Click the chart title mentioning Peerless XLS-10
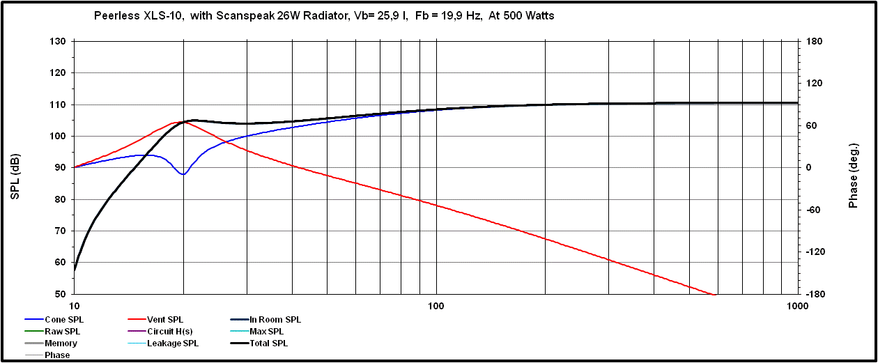tap(324, 15)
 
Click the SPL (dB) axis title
tap(15, 167)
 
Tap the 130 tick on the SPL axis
tap(59, 42)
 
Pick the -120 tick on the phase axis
tap(815, 252)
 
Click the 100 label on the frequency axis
tap(436, 306)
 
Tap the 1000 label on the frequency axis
tap(797, 306)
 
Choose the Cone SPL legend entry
tap(63, 320)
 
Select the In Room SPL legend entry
tap(275, 320)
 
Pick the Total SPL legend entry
tap(268, 343)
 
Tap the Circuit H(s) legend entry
tap(170, 332)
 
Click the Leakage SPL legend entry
tap(173, 343)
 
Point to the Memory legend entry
tap(61, 343)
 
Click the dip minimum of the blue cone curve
tap(183, 174)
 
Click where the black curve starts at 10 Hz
tap(75, 270)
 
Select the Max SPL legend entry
tap(267, 332)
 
